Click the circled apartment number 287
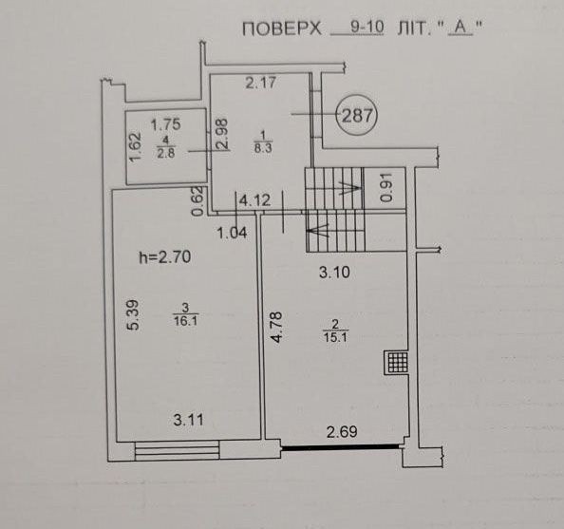[x=356, y=116]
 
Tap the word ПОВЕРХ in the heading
[x=282, y=28]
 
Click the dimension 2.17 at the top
[x=261, y=83]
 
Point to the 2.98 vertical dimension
[x=222, y=134]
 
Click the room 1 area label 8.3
[x=263, y=148]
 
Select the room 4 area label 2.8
[x=166, y=153]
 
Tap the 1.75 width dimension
[x=165, y=124]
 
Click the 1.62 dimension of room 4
[x=136, y=147]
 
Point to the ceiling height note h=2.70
[x=165, y=257]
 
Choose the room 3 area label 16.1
[x=185, y=320]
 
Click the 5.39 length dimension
[x=132, y=315]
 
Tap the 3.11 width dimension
[x=189, y=420]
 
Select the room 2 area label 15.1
[x=335, y=337]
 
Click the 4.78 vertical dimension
[x=277, y=327]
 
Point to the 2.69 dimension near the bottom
[x=342, y=432]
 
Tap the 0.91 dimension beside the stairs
[x=385, y=187]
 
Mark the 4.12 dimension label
[x=254, y=200]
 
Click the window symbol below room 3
[x=177, y=450]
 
